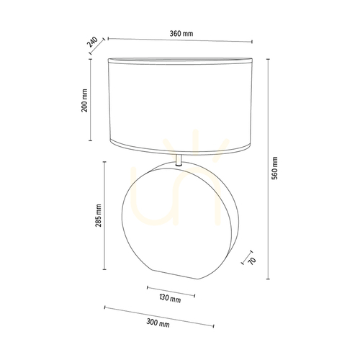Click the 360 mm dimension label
coord(181,34)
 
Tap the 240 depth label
coord(92,42)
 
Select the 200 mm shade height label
coord(84,100)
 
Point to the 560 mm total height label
coord(274,168)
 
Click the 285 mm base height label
coord(99,215)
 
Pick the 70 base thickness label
coord(252,261)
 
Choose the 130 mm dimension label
coord(170,298)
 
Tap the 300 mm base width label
coord(158,323)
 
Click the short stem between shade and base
coord(179,161)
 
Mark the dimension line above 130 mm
coord(171,291)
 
